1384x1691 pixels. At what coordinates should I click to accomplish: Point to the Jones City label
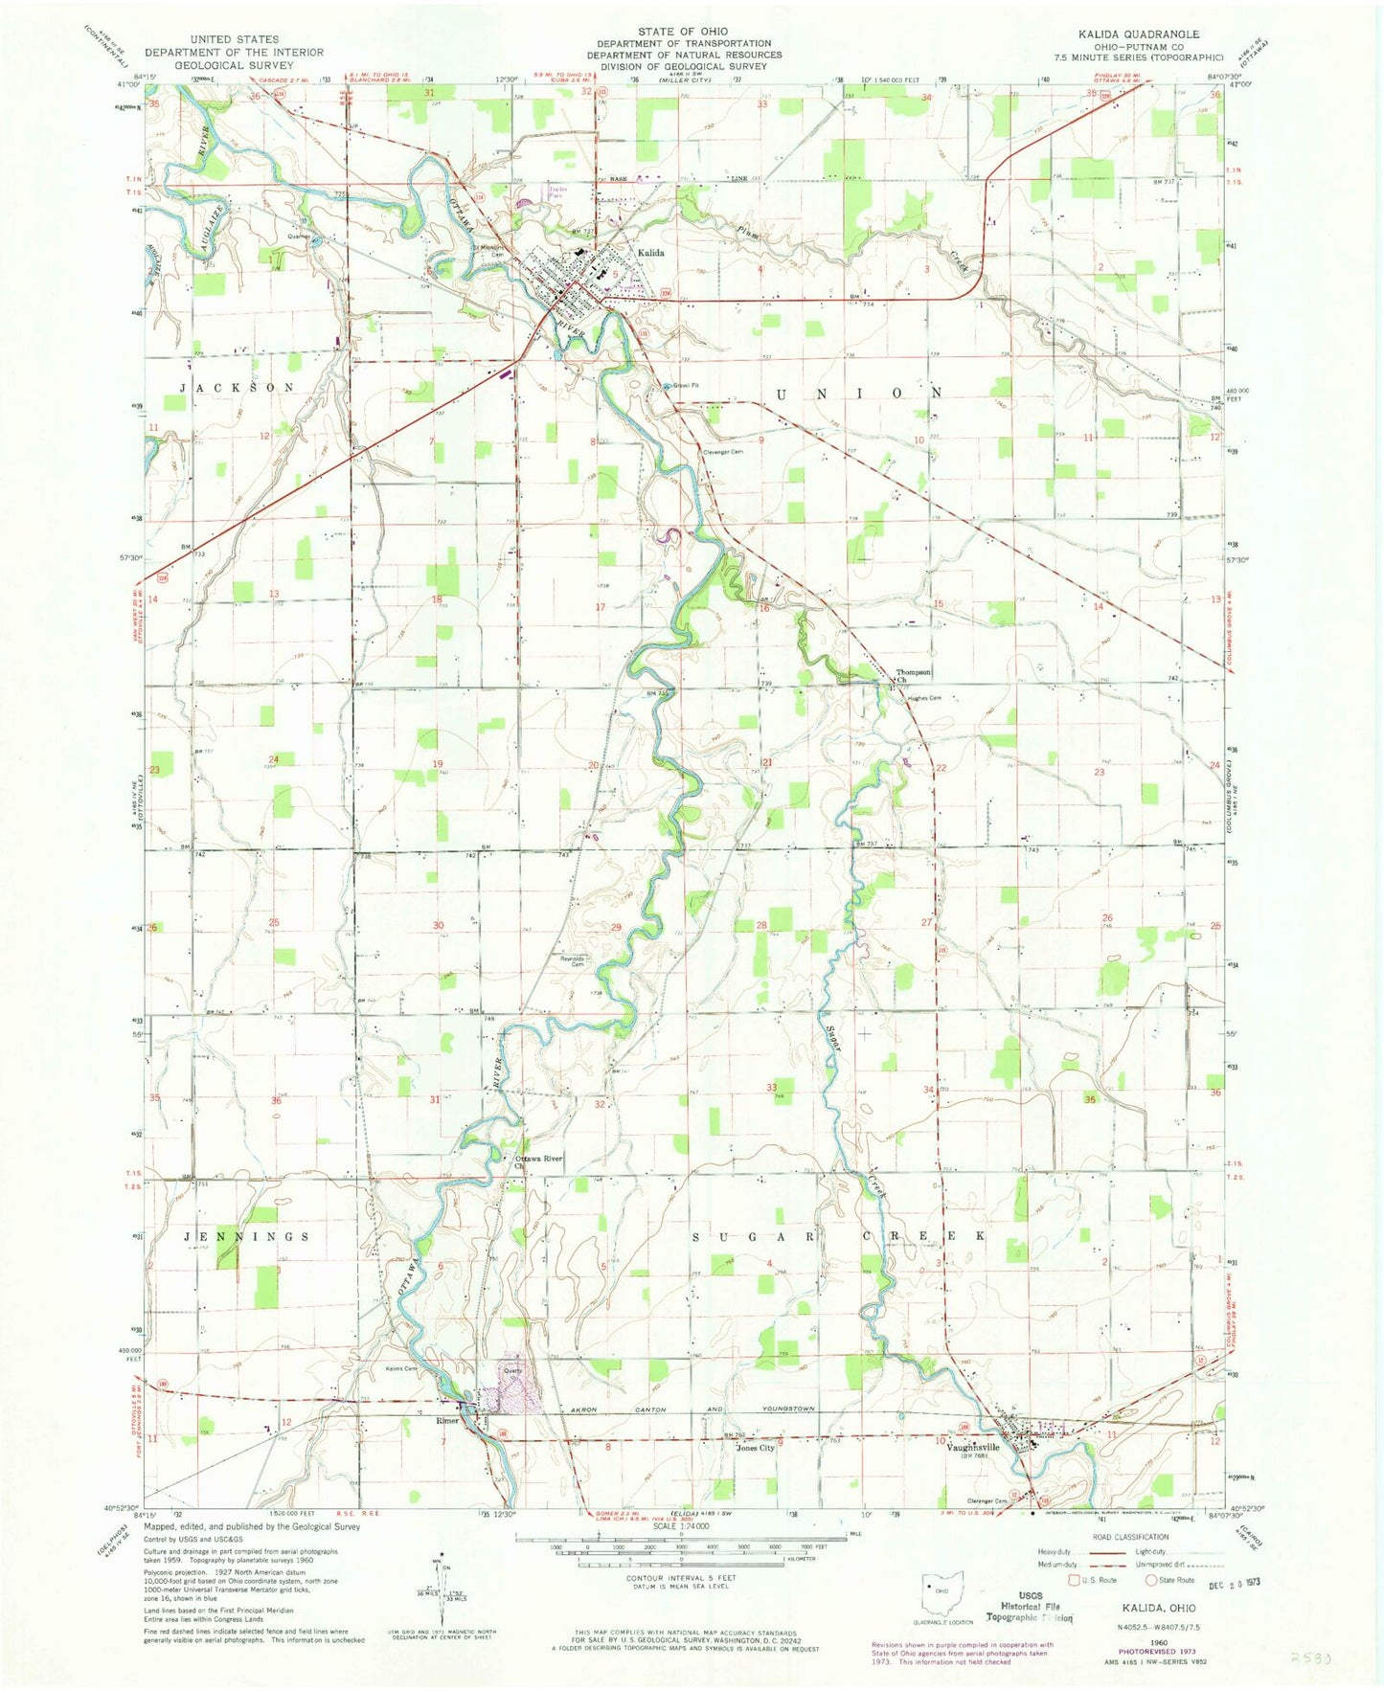click(x=755, y=1448)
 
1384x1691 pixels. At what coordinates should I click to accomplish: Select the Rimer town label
click(x=447, y=1420)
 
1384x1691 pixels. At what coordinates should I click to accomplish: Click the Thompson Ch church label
click(x=914, y=676)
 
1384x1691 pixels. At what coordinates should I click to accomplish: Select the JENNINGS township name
click(x=246, y=1236)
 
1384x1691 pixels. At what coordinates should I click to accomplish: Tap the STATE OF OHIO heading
click(x=684, y=32)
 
